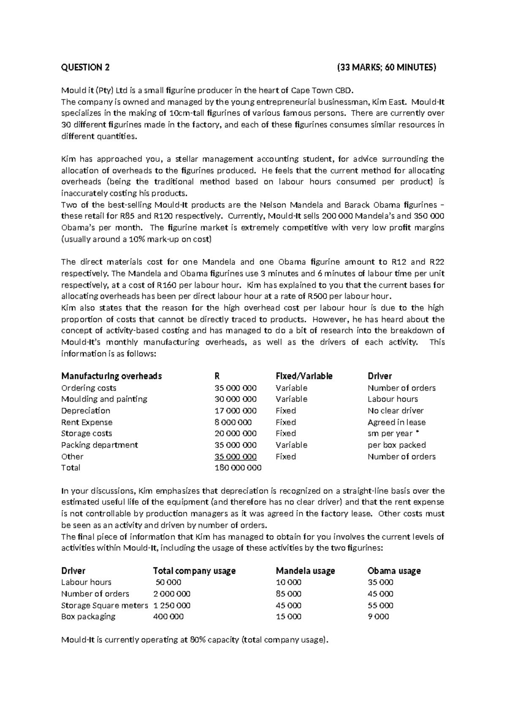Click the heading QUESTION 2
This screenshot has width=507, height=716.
coord(85,67)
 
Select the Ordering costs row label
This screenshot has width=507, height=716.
coord(89,388)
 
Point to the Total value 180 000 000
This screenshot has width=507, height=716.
coord(238,468)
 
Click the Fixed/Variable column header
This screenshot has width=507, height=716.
coord(304,376)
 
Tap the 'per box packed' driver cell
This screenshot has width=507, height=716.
coord(397,445)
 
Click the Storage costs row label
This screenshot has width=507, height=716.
coord(87,434)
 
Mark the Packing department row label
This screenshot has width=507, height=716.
coord(100,445)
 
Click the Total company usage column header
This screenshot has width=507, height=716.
coord(194,571)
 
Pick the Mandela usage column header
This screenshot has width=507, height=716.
coord(305,571)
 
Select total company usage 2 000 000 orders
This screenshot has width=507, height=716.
coord(172,594)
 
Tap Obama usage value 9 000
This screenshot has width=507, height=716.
coord(379,617)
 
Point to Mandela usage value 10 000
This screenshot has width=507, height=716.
coord(289,583)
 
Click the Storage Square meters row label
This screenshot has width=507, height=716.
coord(104,605)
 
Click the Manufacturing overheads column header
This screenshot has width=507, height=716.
coord(112,376)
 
